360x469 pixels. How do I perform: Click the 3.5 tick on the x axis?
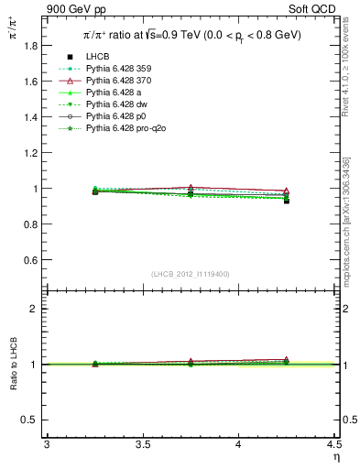142,445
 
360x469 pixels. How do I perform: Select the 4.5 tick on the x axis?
333,445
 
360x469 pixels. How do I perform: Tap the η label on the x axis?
335,457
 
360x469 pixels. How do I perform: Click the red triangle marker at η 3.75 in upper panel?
191,187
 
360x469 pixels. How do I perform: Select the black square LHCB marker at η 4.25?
287,201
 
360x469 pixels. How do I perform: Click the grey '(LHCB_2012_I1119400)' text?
191,274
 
